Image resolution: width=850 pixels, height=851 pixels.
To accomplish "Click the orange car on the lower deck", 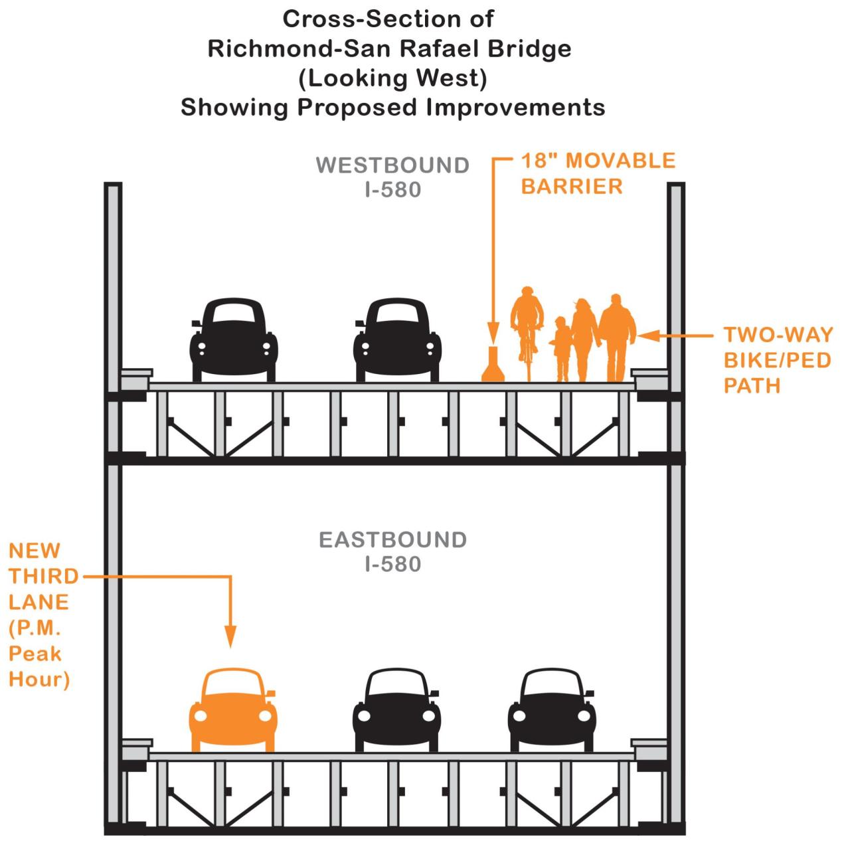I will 233,709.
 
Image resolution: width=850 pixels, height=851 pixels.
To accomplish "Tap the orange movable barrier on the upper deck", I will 493,366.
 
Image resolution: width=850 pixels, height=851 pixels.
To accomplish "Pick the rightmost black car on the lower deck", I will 552,709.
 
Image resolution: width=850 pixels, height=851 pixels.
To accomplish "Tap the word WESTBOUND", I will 392,165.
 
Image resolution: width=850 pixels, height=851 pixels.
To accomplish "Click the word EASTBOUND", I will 392,539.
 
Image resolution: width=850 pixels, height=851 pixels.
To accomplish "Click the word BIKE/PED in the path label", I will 777,360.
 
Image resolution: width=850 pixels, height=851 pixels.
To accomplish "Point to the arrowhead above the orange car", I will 230,637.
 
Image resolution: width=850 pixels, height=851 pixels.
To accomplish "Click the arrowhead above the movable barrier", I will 493,331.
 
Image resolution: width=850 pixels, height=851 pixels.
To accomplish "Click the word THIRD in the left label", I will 43,576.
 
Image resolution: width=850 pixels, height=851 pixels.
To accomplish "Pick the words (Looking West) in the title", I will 392,78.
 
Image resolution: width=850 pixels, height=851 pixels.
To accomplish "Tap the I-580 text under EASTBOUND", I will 392,565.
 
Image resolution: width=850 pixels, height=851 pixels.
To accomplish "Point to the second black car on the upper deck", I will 396,340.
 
